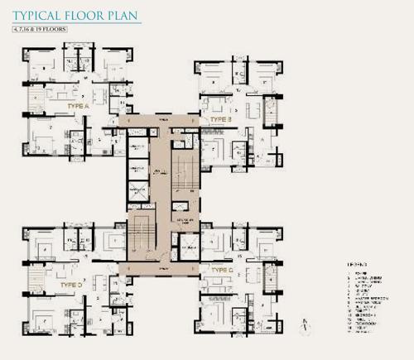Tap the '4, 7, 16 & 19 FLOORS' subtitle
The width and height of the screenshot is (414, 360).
click(41, 30)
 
